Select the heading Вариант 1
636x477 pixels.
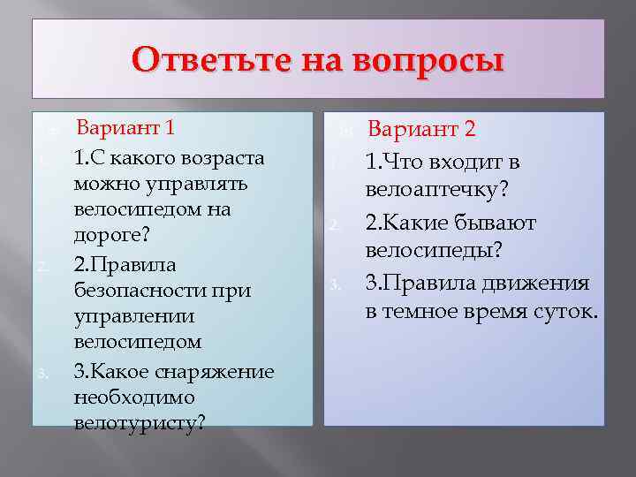[x=125, y=126]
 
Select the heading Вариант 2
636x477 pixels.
[x=421, y=129]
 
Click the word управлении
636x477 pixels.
[x=126, y=316]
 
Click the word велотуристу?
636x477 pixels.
[x=140, y=423]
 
